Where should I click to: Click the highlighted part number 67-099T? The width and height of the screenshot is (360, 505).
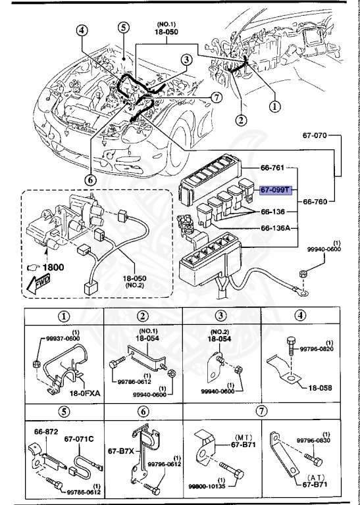click(274, 190)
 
